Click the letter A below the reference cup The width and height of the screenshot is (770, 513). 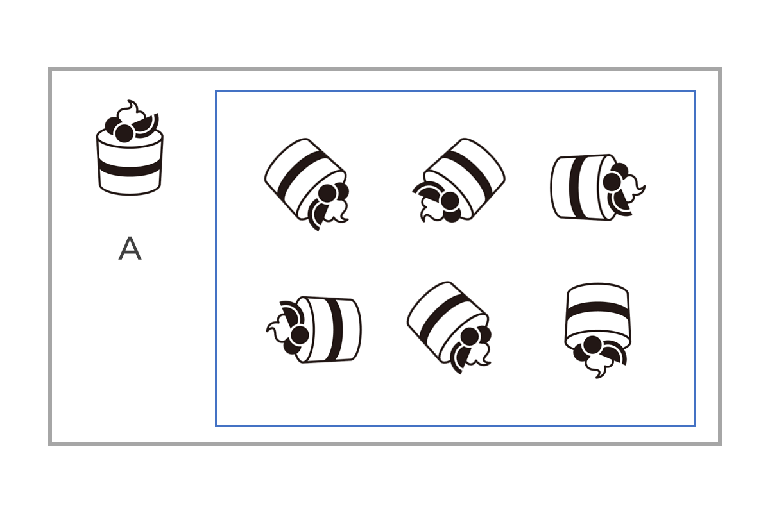pos(130,248)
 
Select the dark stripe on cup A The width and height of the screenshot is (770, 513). pos(129,168)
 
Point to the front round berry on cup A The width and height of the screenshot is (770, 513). pos(124,133)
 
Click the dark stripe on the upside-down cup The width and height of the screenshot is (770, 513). pos(598,310)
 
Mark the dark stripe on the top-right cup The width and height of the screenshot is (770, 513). pos(578,187)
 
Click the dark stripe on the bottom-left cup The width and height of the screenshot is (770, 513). pos(334,329)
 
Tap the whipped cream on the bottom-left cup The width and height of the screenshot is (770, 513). pos(278,328)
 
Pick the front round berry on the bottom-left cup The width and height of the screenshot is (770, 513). pos(300,335)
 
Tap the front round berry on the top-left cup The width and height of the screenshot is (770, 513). pos(327,194)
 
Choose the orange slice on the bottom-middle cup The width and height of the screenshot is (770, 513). pos(459,359)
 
